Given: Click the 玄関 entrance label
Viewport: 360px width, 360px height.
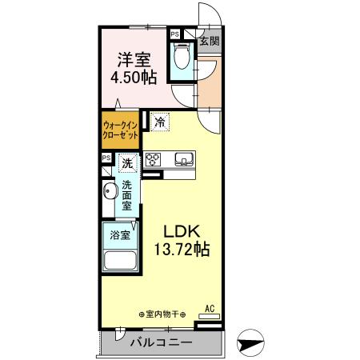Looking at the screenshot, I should [210, 41].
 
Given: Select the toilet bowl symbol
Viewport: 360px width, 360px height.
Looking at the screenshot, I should [182, 58].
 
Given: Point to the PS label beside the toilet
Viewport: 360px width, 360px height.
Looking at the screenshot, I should [174, 34].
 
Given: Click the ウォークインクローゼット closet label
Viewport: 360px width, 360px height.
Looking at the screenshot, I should [121, 130].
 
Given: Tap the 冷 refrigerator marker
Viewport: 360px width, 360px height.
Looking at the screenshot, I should [159, 122].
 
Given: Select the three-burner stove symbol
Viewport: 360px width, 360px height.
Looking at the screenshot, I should [154, 158].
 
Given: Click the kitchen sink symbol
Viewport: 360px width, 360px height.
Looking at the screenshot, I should [183, 158].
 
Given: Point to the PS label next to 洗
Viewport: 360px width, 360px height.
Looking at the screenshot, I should [106, 158].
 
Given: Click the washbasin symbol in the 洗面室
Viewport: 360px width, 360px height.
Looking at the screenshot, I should [109, 193].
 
